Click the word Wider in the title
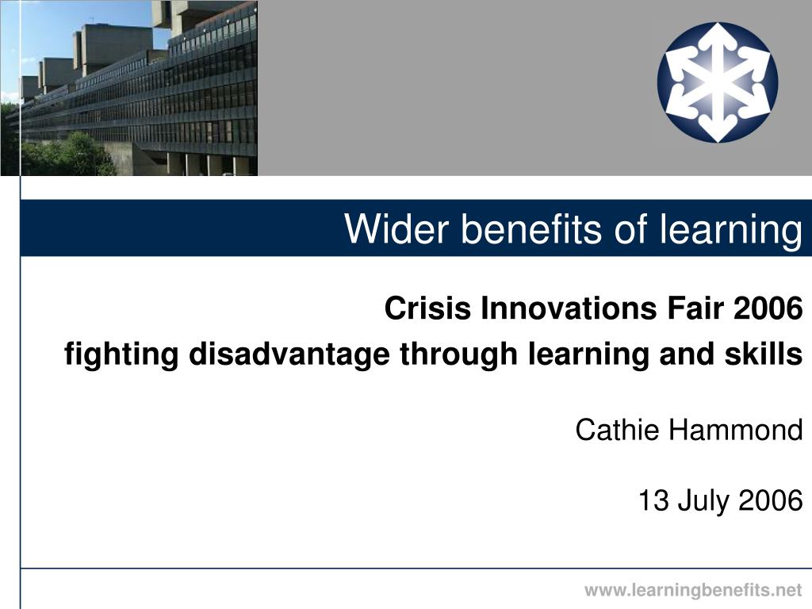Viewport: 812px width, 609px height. click(x=396, y=228)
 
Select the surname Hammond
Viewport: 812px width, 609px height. click(x=736, y=430)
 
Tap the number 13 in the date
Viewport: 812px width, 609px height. click(x=653, y=500)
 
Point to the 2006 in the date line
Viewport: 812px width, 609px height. click(x=771, y=500)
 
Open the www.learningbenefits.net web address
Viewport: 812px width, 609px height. click(x=693, y=590)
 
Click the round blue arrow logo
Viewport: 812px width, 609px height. click(x=718, y=82)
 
